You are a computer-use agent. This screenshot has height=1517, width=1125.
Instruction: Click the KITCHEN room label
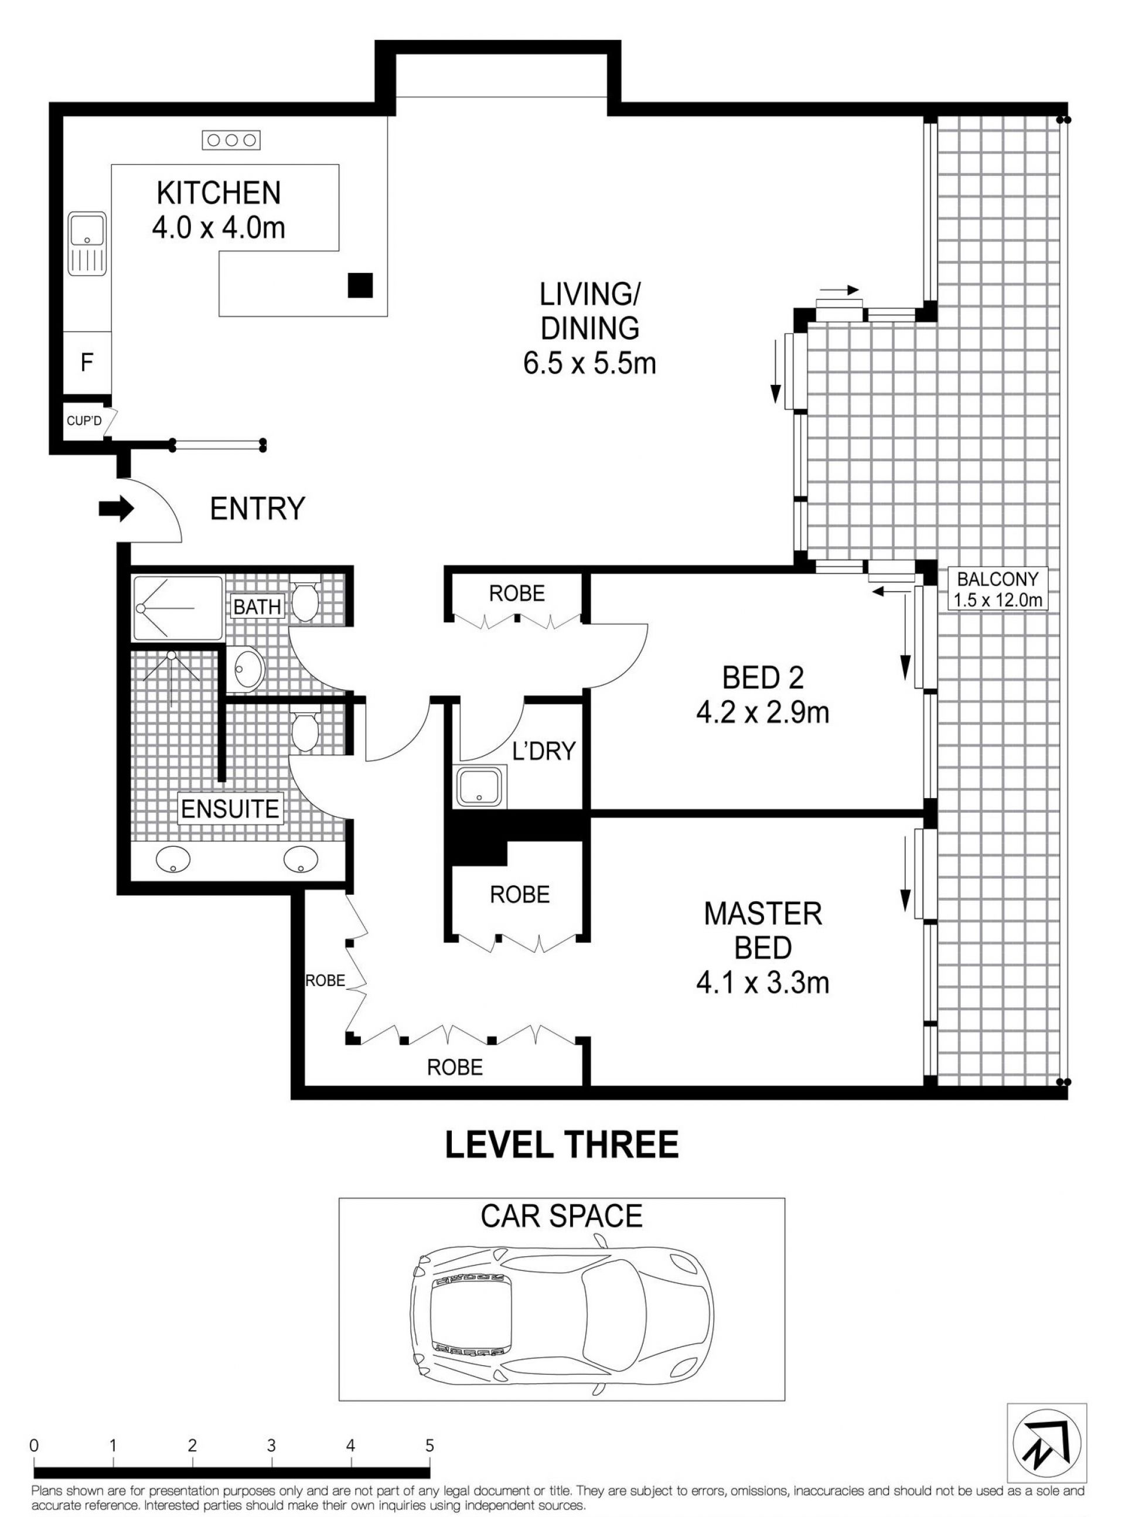pos(219,193)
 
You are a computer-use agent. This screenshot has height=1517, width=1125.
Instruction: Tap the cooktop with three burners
pos(231,140)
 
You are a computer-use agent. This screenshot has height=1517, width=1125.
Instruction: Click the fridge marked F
pos(87,362)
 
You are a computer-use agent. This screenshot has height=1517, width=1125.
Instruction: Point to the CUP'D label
pos(84,421)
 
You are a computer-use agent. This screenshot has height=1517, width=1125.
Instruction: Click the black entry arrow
pos(117,508)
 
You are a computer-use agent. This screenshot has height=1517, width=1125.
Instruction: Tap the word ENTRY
pos(257,509)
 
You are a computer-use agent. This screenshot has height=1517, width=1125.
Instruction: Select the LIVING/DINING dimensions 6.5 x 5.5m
pos(589,363)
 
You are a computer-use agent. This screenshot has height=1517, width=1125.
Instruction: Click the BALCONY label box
pos(998,589)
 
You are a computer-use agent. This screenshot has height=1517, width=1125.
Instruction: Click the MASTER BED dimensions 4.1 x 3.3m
pos(763,983)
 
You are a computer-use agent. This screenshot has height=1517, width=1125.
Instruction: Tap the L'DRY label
pos(544,751)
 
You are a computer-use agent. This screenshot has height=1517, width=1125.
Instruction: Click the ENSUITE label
pos(230,809)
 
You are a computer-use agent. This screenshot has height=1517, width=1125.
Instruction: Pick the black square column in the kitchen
pos(360,285)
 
